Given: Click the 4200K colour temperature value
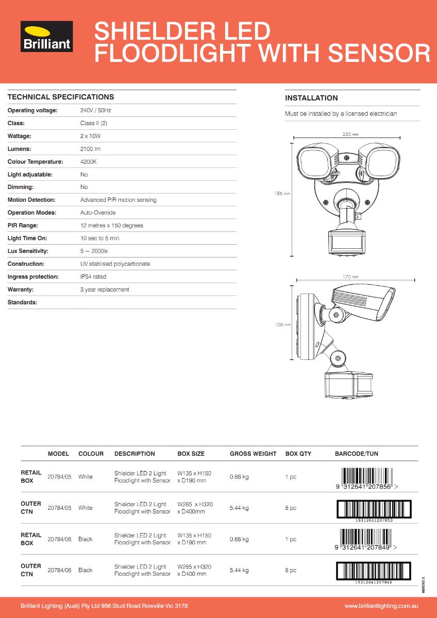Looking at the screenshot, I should click(x=88, y=162).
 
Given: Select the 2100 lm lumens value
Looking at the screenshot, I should click(x=90, y=149).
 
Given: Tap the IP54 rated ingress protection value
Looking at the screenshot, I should click(x=93, y=277).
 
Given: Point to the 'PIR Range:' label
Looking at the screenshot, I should click(x=23, y=226).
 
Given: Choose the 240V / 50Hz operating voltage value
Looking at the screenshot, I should click(x=96, y=111).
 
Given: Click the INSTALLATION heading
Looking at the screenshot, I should click(x=311, y=98).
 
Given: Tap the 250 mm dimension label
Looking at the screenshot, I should click(x=350, y=134).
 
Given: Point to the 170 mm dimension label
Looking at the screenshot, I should click(x=350, y=277).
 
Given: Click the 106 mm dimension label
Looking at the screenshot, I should click(x=283, y=325).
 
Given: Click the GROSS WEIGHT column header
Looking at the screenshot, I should click(x=253, y=454).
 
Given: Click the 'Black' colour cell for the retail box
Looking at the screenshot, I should click(x=86, y=539).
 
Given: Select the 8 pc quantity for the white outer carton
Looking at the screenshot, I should click(x=291, y=508).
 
